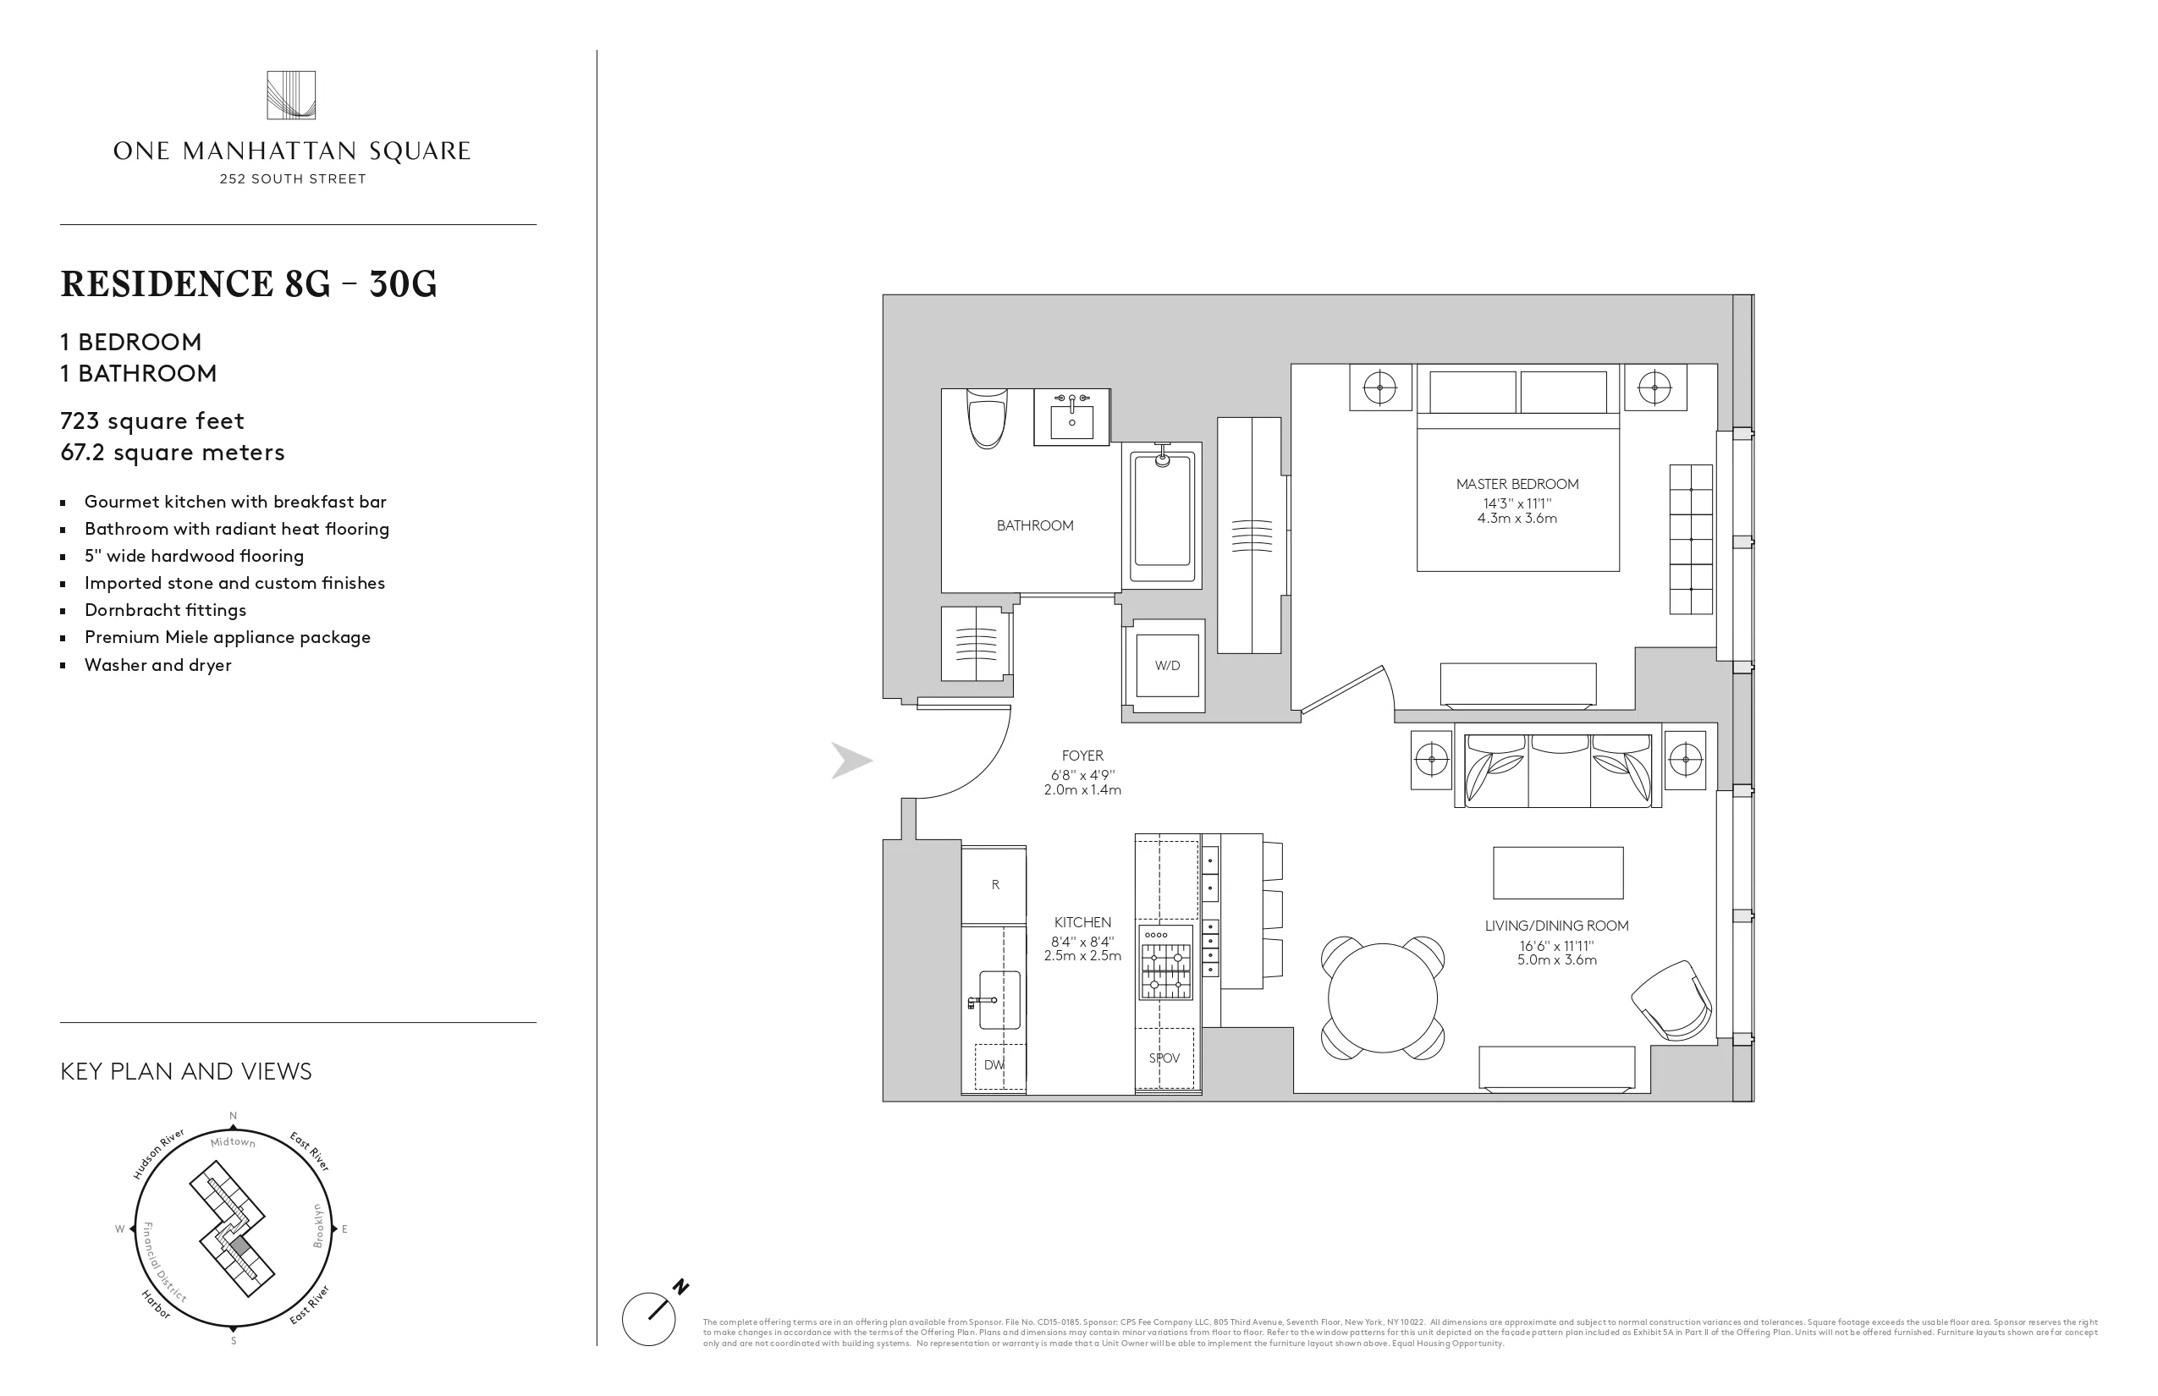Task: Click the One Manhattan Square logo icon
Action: pyautogui.click(x=291, y=95)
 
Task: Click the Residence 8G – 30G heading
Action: pyautogui.click(x=249, y=284)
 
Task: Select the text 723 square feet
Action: pyautogui.click(x=152, y=420)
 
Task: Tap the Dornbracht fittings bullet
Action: pyautogui.click(x=165, y=610)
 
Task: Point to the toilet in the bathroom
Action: pyautogui.click(x=988, y=419)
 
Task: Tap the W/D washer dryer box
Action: pyautogui.click(x=1167, y=665)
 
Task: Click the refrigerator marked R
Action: pyautogui.click(x=994, y=885)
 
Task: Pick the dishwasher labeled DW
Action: pyautogui.click(x=994, y=1065)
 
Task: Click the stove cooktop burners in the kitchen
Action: pyautogui.click(x=1165, y=970)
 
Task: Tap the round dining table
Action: pyautogui.click(x=1382, y=998)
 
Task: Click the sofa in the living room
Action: pyautogui.click(x=1558, y=770)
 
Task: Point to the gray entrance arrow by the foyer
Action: pyautogui.click(x=851, y=761)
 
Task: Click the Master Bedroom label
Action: pyautogui.click(x=1517, y=484)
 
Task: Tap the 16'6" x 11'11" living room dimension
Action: pyautogui.click(x=1557, y=946)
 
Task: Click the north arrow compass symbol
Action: pyautogui.click(x=650, y=1317)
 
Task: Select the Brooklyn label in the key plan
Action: pyautogui.click(x=318, y=1226)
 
